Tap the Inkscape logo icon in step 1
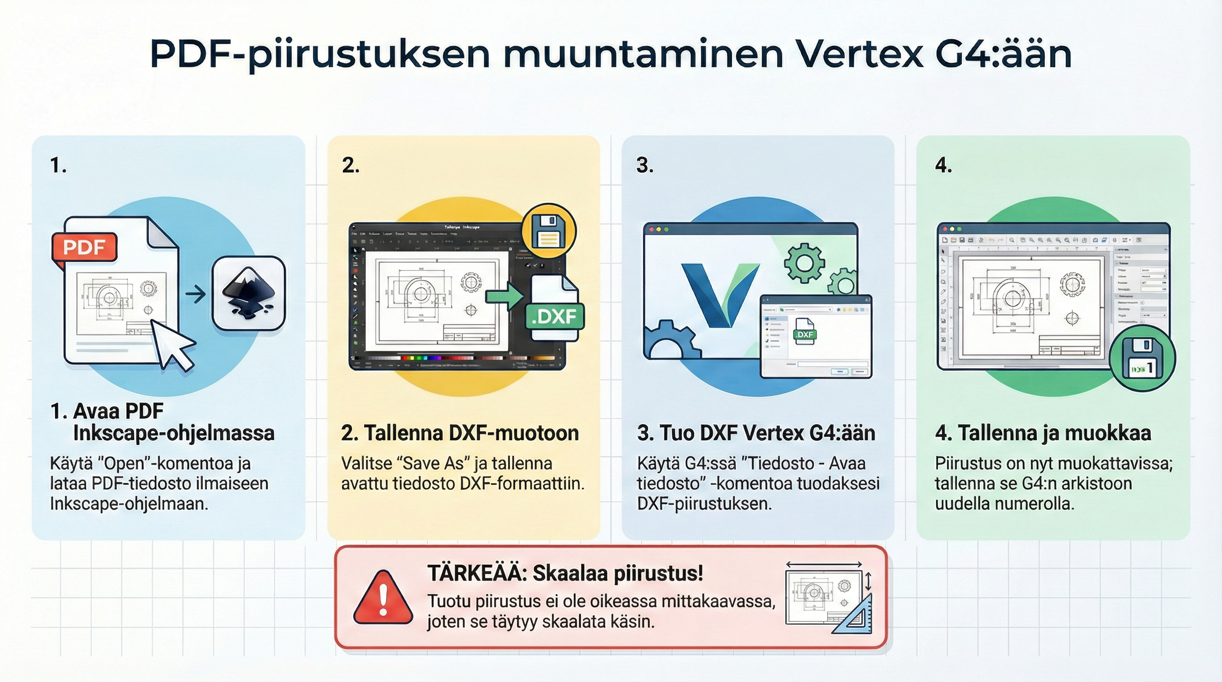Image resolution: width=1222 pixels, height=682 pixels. click(249, 293)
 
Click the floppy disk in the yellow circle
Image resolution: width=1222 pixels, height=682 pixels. click(548, 231)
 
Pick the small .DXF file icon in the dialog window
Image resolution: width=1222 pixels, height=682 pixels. click(805, 332)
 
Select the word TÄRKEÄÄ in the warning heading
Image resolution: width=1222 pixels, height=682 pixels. click(477, 573)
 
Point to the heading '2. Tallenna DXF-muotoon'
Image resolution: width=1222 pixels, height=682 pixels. click(460, 433)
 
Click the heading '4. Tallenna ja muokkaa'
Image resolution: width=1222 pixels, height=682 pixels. click(1043, 433)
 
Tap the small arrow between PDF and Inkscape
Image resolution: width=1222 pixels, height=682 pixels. click(195, 294)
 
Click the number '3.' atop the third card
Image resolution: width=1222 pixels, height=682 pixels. click(644, 166)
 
